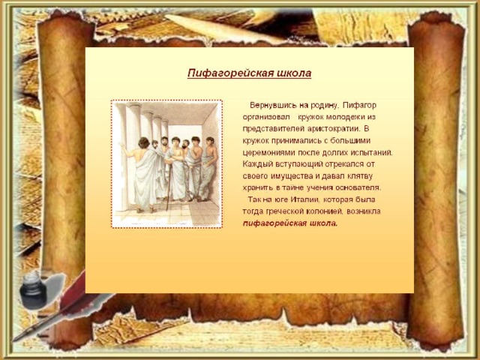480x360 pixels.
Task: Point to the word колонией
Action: (322, 211)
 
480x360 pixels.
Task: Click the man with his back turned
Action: (143, 175)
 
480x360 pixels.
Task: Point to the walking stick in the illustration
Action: (169, 187)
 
